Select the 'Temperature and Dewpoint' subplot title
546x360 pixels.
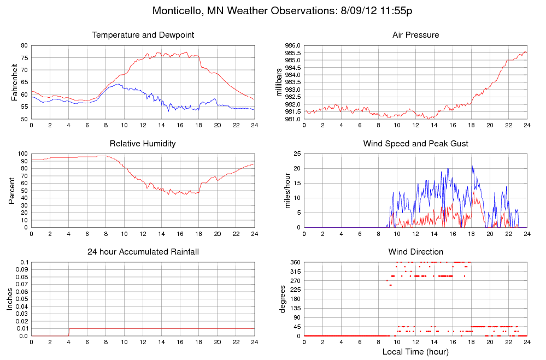(143, 35)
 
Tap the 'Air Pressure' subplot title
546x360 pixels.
(415, 35)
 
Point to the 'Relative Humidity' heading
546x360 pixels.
(143, 144)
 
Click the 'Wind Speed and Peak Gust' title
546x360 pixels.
(415, 144)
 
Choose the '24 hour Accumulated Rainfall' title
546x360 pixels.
(143, 252)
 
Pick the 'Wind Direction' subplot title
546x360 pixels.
(415, 252)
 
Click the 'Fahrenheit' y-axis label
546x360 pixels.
(15, 82)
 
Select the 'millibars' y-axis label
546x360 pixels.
(279, 82)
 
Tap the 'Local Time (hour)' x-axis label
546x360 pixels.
(415, 352)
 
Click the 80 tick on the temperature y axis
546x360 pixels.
(25, 45)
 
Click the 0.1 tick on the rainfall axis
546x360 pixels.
(25, 263)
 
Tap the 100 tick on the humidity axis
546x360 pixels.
(24, 154)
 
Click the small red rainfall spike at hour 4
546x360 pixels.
(69, 331)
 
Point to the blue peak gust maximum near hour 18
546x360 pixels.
(472, 166)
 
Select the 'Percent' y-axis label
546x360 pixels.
(12, 191)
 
